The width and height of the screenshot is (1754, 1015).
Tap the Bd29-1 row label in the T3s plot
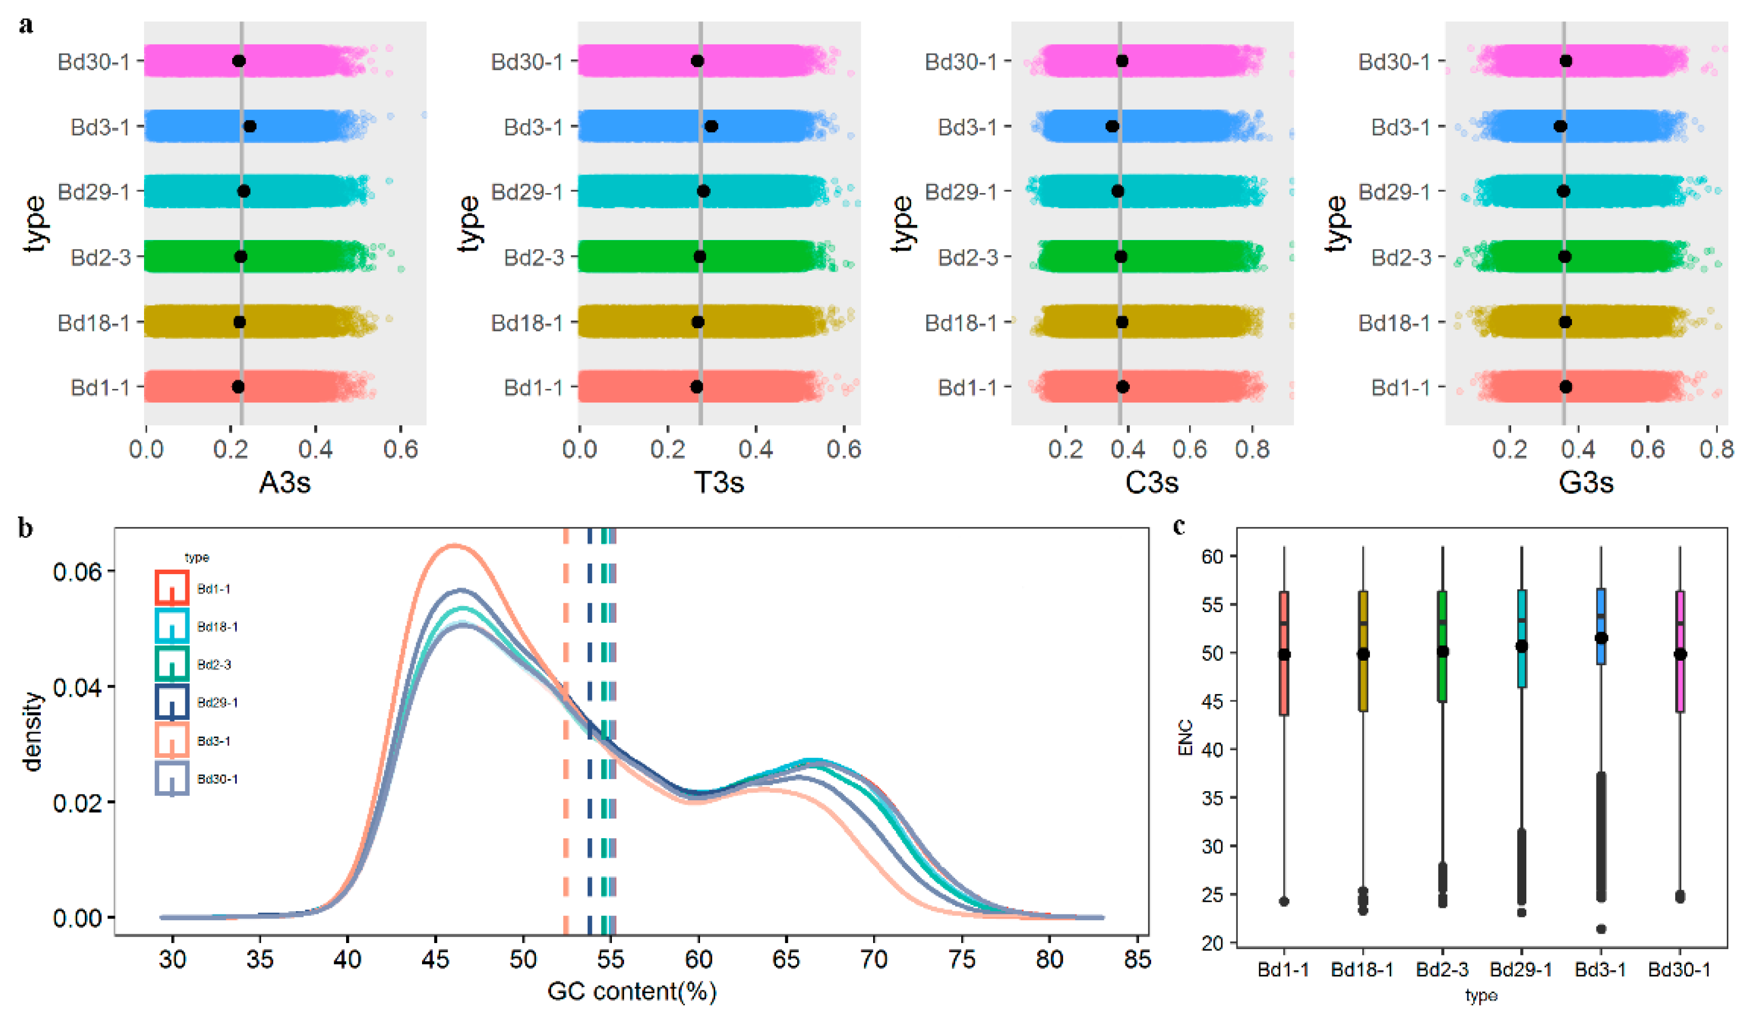[x=527, y=191]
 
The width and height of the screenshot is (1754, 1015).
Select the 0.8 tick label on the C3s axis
[x=1252, y=449]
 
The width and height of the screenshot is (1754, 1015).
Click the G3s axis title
[x=1585, y=482]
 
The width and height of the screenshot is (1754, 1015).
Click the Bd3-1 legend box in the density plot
[x=171, y=740]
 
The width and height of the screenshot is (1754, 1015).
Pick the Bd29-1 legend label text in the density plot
[x=217, y=703]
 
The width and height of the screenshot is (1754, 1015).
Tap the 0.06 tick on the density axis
[x=76, y=572]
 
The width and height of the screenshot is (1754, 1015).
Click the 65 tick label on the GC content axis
[x=786, y=960]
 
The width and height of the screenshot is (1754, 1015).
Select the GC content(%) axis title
[x=631, y=990]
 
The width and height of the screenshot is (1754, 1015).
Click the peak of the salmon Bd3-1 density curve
[x=454, y=545]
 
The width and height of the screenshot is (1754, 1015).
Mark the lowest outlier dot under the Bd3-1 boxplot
[x=1601, y=929]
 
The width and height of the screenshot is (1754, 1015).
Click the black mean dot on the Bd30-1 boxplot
[x=1680, y=654]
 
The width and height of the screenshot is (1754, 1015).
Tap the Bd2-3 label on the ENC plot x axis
[x=1441, y=970]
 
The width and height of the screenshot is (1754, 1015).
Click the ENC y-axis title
[x=1185, y=738]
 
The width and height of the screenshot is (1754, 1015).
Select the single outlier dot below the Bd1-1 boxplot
[x=1284, y=902]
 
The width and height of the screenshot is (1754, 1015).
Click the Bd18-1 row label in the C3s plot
[x=961, y=323]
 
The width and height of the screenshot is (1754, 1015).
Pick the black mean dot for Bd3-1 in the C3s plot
[x=1112, y=127]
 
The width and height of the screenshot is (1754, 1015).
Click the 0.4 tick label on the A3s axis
[x=315, y=449]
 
